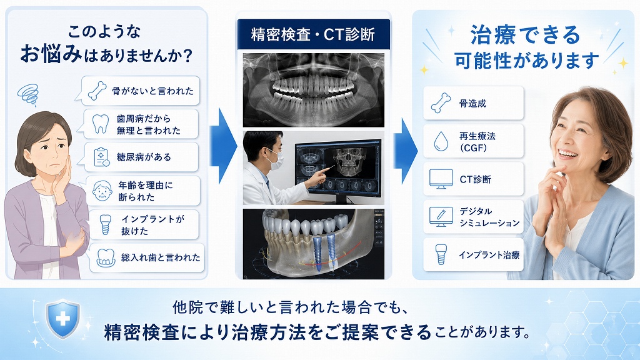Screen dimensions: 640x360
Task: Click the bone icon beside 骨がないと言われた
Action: [97, 91]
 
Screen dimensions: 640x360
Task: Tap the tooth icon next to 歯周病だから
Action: [101, 124]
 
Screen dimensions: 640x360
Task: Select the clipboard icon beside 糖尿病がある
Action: [101, 157]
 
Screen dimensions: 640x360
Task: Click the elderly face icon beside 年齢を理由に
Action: [102, 191]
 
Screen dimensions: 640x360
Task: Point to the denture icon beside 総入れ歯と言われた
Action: [106, 257]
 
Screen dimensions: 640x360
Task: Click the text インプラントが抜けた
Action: [152, 225]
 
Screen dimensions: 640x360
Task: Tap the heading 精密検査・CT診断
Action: [313, 34]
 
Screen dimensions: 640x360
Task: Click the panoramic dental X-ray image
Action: [314, 90]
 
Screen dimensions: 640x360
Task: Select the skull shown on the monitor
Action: [347, 161]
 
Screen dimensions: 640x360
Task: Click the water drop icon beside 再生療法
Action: [441, 141]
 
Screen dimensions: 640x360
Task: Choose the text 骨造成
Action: [472, 103]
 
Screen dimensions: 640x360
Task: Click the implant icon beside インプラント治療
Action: [441, 255]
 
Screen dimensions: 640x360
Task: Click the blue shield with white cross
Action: [63, 319]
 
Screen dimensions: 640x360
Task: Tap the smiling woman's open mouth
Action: [567, 154]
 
